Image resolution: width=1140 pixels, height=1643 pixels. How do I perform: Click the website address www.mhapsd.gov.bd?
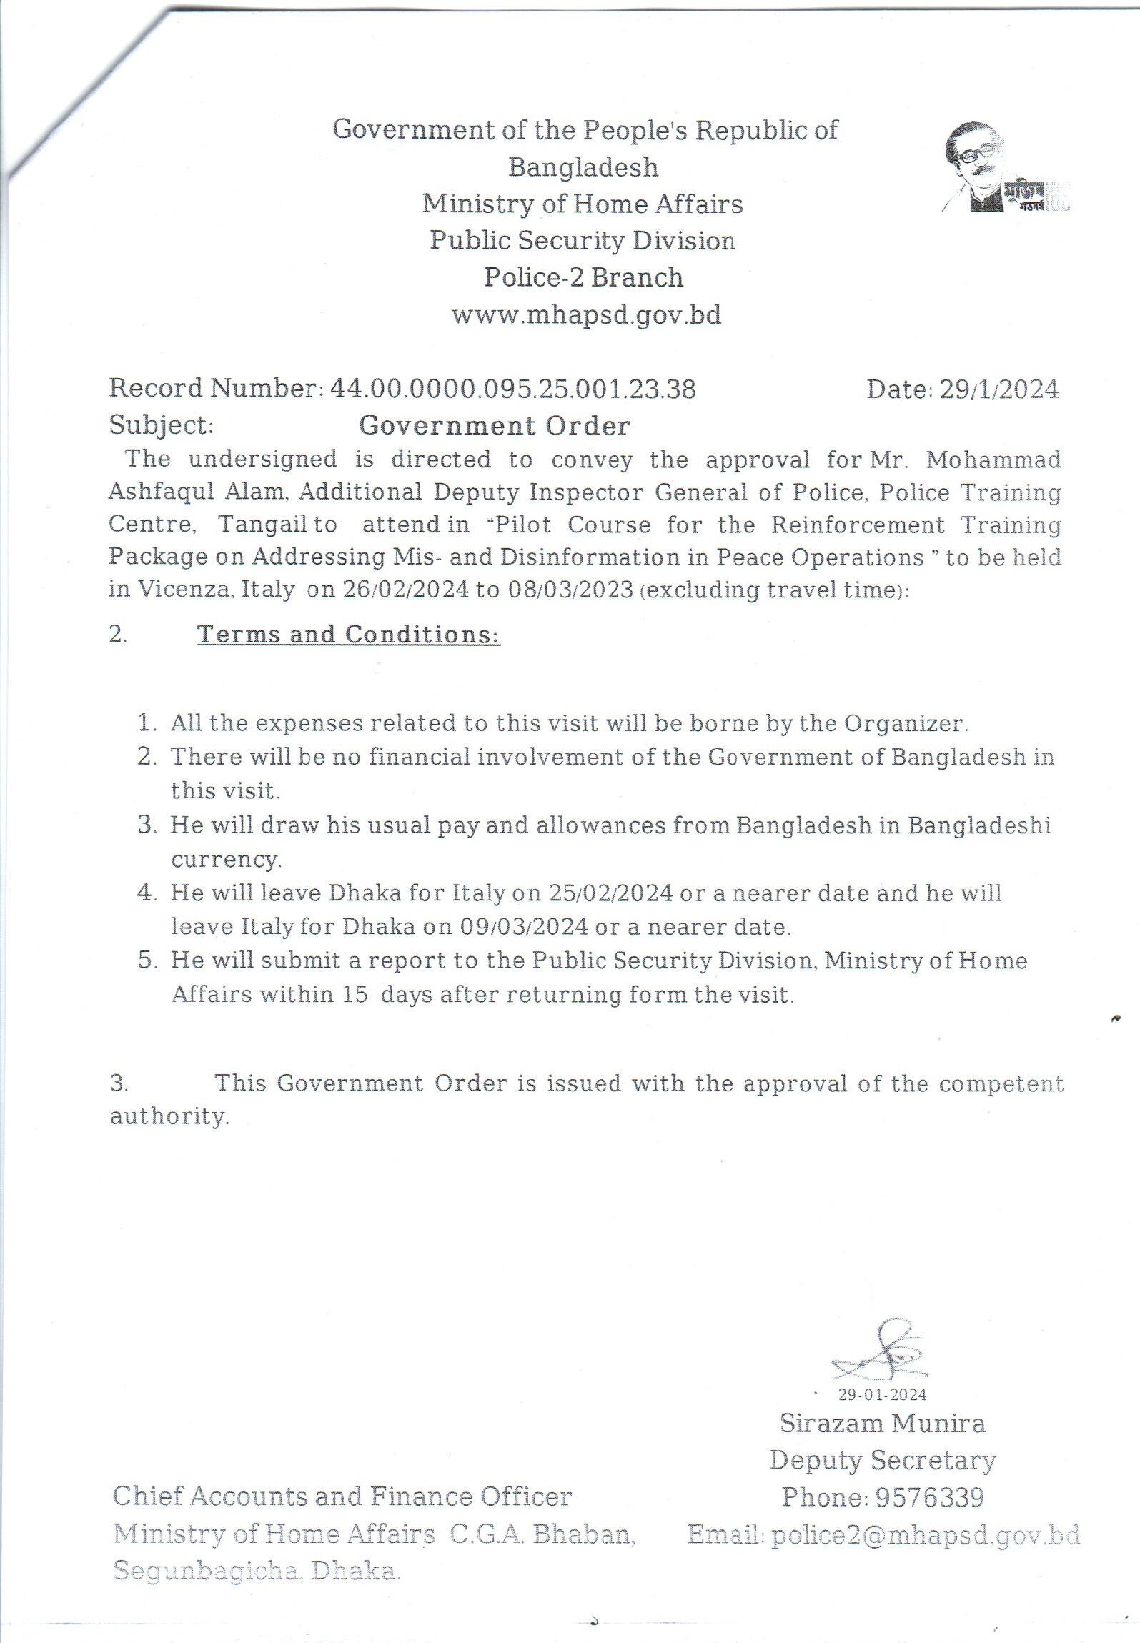[586, 314]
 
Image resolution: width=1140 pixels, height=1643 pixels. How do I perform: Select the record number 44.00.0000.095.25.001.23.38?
[512, 389]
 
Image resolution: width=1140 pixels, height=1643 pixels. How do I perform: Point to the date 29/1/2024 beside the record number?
[998, 389]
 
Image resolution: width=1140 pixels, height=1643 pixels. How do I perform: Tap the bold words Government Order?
[495, 426]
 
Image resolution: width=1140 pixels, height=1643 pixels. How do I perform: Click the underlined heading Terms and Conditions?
[348, 634]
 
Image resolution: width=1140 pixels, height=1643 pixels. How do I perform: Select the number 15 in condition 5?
[355, 995]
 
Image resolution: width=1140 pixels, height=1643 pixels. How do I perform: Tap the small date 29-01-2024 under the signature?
[882, 1394]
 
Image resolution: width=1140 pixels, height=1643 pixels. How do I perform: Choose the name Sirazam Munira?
[882, 1423]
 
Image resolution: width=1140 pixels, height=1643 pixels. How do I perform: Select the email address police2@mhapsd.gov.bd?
[925, 1534]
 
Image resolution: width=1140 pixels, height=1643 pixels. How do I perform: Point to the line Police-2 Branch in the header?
[584, 277]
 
